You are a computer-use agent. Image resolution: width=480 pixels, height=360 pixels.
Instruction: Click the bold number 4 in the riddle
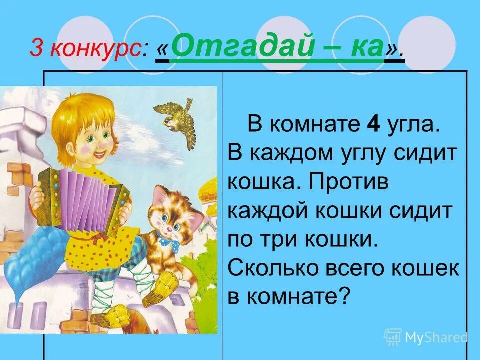[x=372, y=124]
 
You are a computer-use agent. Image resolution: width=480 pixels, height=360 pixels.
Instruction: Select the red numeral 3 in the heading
[x=36, y=48]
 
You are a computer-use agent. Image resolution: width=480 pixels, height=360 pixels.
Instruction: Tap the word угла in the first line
[x=411, y=124]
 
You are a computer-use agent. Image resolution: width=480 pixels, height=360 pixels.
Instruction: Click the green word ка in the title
[x=364, y=46]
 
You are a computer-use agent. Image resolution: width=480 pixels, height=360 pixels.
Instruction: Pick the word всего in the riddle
[x=356, y=269]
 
